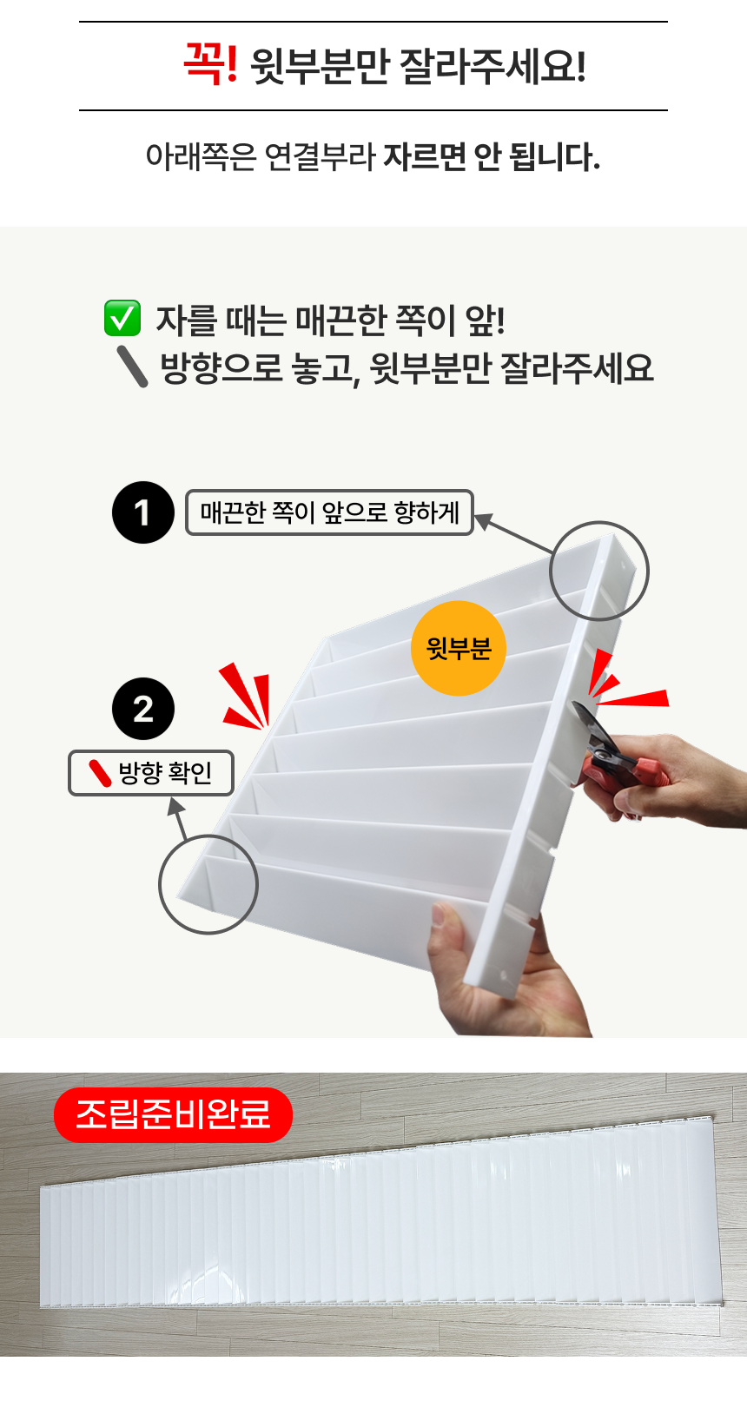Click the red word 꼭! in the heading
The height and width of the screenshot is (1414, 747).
point(210,63)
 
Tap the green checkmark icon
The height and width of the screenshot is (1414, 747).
point(122,318)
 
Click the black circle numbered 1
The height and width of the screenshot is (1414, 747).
point(143,512)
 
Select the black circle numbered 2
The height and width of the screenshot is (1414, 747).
point(143,708)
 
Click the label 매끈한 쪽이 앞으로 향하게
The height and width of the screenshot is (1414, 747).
point(329,512)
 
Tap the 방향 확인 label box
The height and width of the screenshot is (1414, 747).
point(151,773)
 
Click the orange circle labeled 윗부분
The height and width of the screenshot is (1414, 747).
point(459,648)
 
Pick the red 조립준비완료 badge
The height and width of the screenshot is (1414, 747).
point(173,1115)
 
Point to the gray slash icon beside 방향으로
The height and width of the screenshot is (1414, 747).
point(133,367)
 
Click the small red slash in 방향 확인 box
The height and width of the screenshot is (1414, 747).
point(100,774)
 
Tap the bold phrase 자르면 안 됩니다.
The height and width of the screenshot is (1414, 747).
point(492,157)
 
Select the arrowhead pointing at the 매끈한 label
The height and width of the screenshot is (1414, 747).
point(482,521)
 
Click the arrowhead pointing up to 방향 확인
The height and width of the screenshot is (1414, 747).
point(175,806)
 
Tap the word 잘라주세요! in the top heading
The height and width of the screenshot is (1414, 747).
point(492,66)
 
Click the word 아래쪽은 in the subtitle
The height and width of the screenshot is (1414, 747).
point(201,157)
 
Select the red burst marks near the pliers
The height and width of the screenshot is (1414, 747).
point(625,680)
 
